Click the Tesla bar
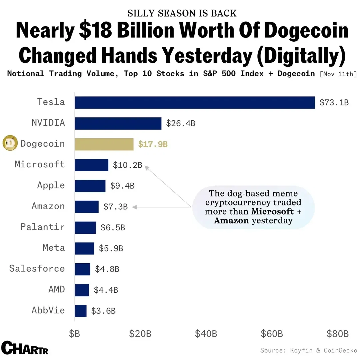[195, 102]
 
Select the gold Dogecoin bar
[104, 144]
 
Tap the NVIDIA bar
[118, 123]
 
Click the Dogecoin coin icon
[10, 144]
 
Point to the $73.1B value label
[334, 102]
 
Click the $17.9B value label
[153, 144]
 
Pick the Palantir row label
[42, 227]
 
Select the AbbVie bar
[81, 311]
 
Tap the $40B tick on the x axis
[206, 334]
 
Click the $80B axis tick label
[337, 334]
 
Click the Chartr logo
[25, 348]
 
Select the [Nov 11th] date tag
[338, 74]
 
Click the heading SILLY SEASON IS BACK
[182, 13]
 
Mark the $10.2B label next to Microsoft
[127, 165]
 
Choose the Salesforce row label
[37, 269]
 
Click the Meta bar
[84, 248]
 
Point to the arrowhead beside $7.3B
[134, 207]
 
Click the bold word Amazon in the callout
[231, 220]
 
